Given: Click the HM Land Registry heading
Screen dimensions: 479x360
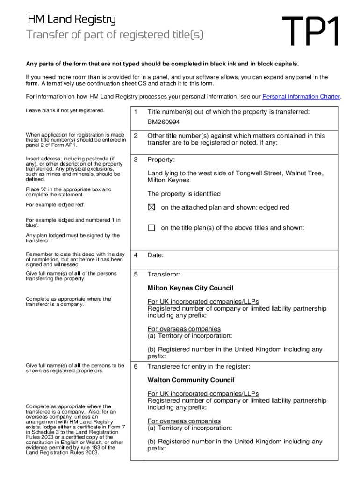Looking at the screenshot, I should click(x=72, y=20).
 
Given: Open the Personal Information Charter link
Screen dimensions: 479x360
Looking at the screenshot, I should click(x=301, y=97).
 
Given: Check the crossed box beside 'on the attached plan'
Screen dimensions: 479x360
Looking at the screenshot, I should click(x=151, y=208).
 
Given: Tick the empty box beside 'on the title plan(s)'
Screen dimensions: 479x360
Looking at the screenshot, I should click(x=151, y=228).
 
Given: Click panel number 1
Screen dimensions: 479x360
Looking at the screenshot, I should click(x=136, y=112).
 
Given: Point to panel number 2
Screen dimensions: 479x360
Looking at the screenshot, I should click(x=136, y=136).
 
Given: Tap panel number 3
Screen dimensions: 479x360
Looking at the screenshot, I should click(x=136, y=160).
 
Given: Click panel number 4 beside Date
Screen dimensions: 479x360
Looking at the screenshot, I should click(x=136, y=255).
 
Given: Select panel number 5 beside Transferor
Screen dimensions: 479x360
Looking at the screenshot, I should click(x=136, y=274).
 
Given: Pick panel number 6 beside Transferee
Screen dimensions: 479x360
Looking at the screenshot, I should click(x=136, y=366).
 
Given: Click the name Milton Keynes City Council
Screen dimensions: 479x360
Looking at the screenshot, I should click(x=190, y=288).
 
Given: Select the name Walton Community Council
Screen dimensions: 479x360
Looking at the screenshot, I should click(x=191, y=380).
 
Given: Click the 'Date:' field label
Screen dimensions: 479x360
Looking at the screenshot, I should click(x=156, y=255).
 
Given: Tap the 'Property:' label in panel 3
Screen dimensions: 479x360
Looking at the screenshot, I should click(x=161, y=160).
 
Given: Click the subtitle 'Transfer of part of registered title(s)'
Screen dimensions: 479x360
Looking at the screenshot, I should click(x=115, y=35).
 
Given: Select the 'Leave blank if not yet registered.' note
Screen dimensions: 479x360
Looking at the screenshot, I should click(x=65, y=111).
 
